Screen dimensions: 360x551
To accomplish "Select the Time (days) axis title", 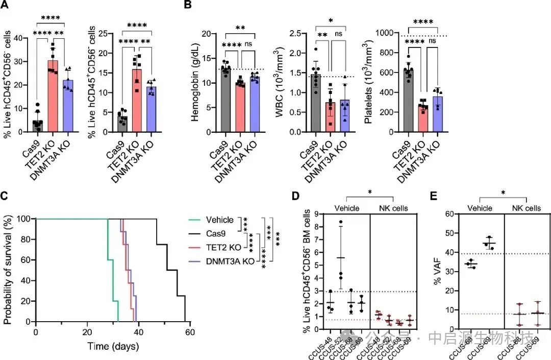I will pyautogui.click(x=112, y=346).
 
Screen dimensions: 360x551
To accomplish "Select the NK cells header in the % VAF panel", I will pyautogui.click(x=526, y=208).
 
